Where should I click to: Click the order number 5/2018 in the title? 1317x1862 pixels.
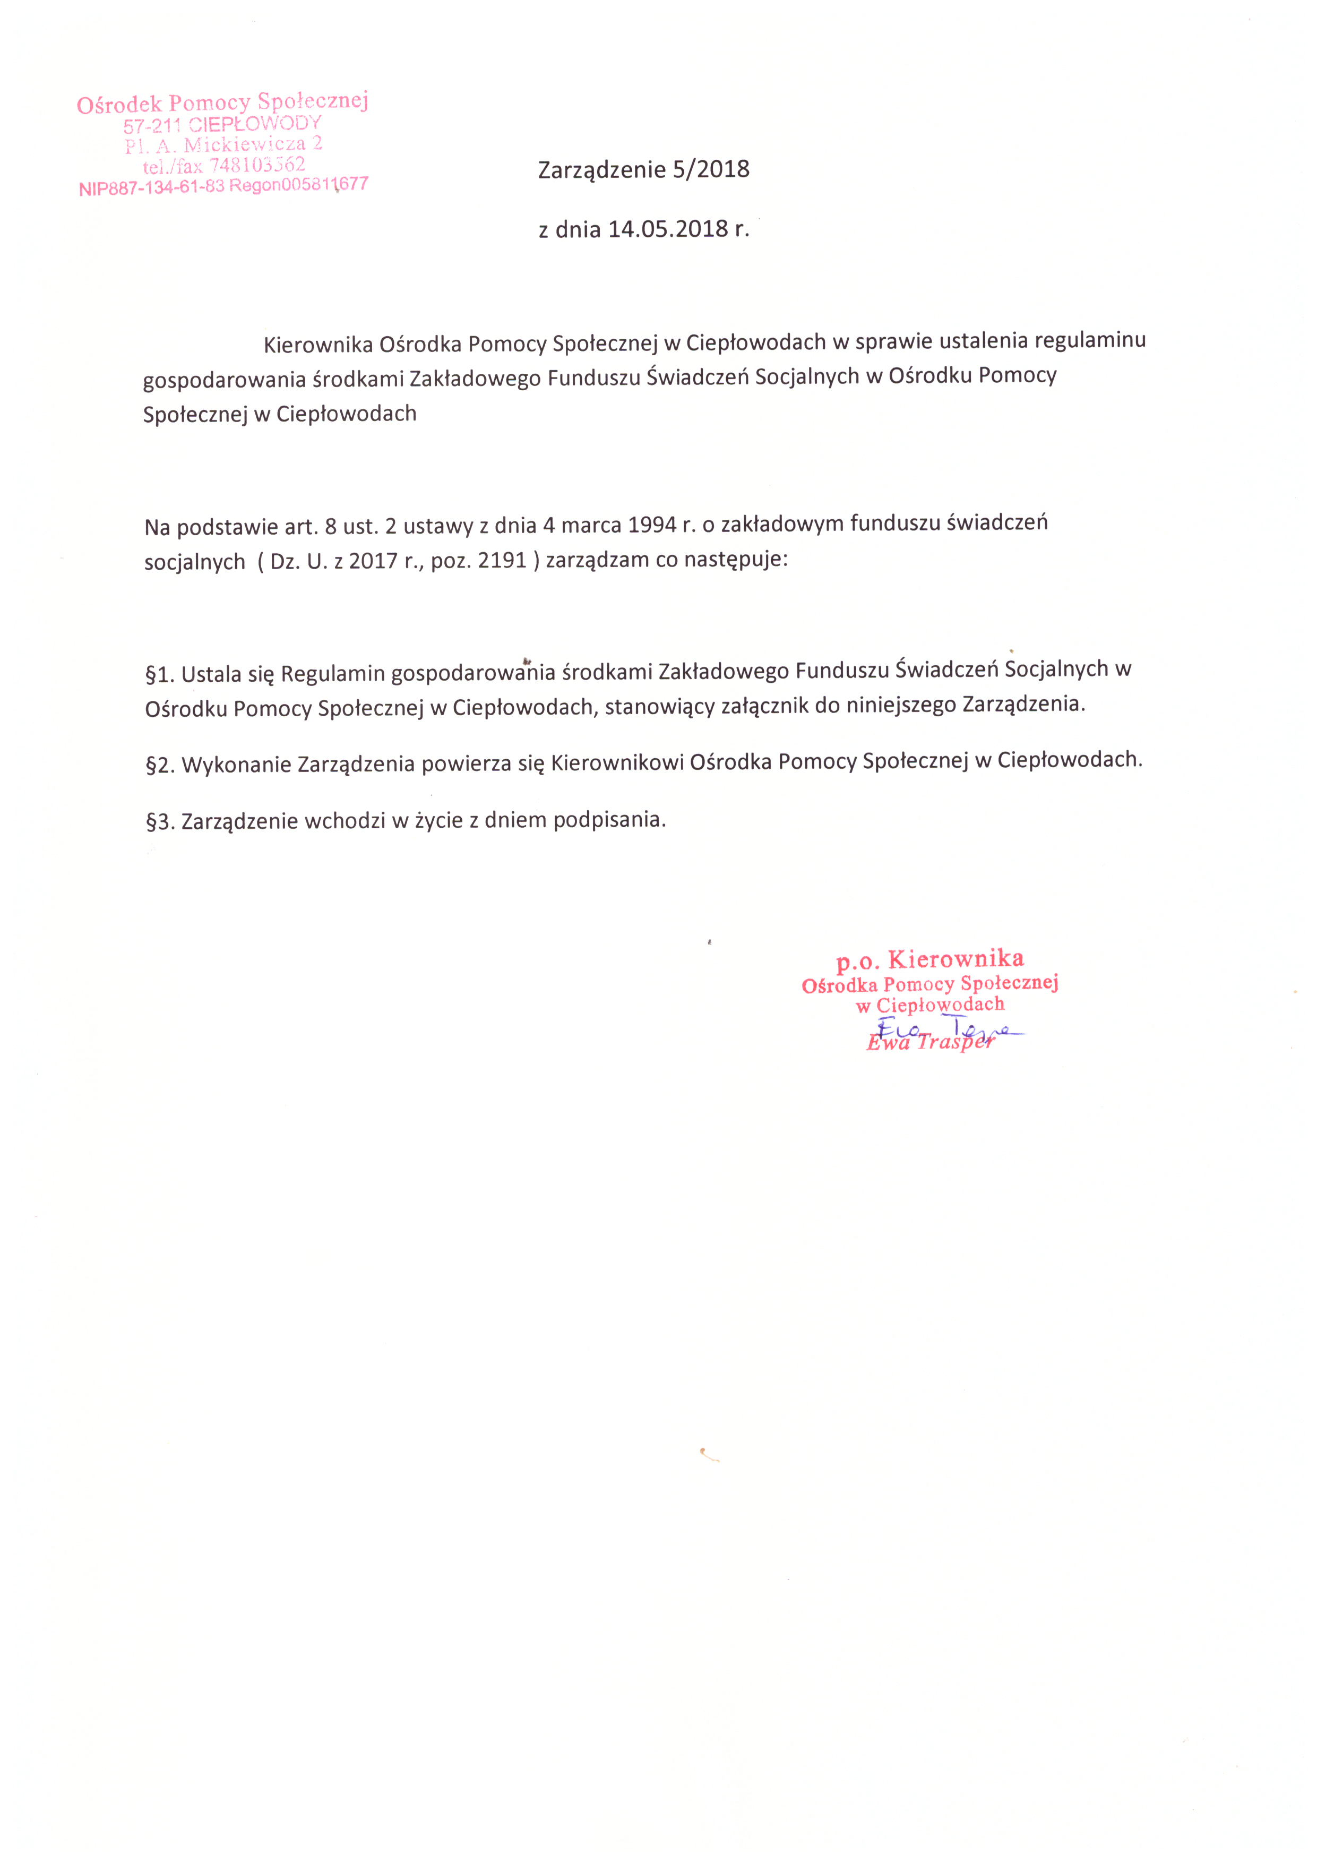point(711,169)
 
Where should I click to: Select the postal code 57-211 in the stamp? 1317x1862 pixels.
point(152,126)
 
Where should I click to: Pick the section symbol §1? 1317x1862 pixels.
point(160,675)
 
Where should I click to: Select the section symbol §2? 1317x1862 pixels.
point(160,765)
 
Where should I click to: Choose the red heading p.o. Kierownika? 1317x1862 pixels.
point(930,959)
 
